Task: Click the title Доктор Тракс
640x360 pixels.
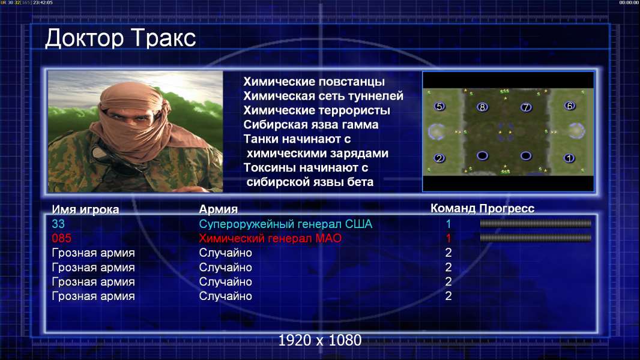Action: (121, 38)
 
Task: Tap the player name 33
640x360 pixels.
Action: (58, 224)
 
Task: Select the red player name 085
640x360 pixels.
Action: (62, 238)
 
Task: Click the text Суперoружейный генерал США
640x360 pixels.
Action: (286, 224)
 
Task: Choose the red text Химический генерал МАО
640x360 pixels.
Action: (270, 238)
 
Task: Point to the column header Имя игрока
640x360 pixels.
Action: (86, 209)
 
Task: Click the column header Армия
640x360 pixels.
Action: (219, 209)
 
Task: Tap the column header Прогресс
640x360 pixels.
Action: (507, 209)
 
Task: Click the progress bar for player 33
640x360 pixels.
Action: (536, 223)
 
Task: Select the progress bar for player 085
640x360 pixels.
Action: (536, 238)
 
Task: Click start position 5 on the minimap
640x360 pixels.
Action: (439, 107)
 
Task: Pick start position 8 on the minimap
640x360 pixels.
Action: (483, 107)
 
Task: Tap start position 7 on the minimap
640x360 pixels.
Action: (526, 107)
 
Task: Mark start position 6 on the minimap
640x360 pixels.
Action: (570, 106)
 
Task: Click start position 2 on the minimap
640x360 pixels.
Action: (439, 158)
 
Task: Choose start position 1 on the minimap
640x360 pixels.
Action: (569, 158)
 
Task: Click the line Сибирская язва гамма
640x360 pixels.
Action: (311, 125)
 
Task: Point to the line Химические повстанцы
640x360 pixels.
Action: (314, 82)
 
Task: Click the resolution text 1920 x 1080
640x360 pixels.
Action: (320, 340)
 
